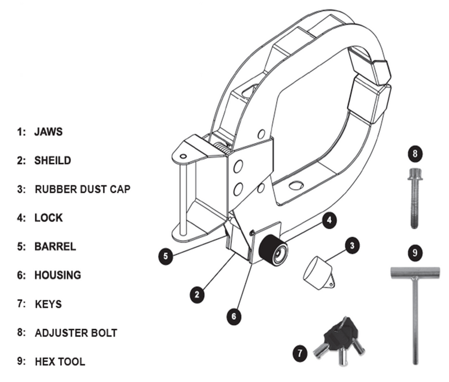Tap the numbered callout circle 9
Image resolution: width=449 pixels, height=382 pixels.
tap(414, 253)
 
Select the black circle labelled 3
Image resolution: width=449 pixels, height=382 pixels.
tap(352, 246)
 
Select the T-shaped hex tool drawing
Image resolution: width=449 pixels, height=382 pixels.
tap(414, 303)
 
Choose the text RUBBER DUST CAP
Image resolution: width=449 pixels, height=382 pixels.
tap(83, 189)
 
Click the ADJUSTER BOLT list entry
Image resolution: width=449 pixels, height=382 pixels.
tap(76, 333)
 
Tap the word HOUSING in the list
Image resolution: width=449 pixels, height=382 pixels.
tap(57, 275)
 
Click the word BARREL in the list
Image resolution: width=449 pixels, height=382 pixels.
tap(55, 247)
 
